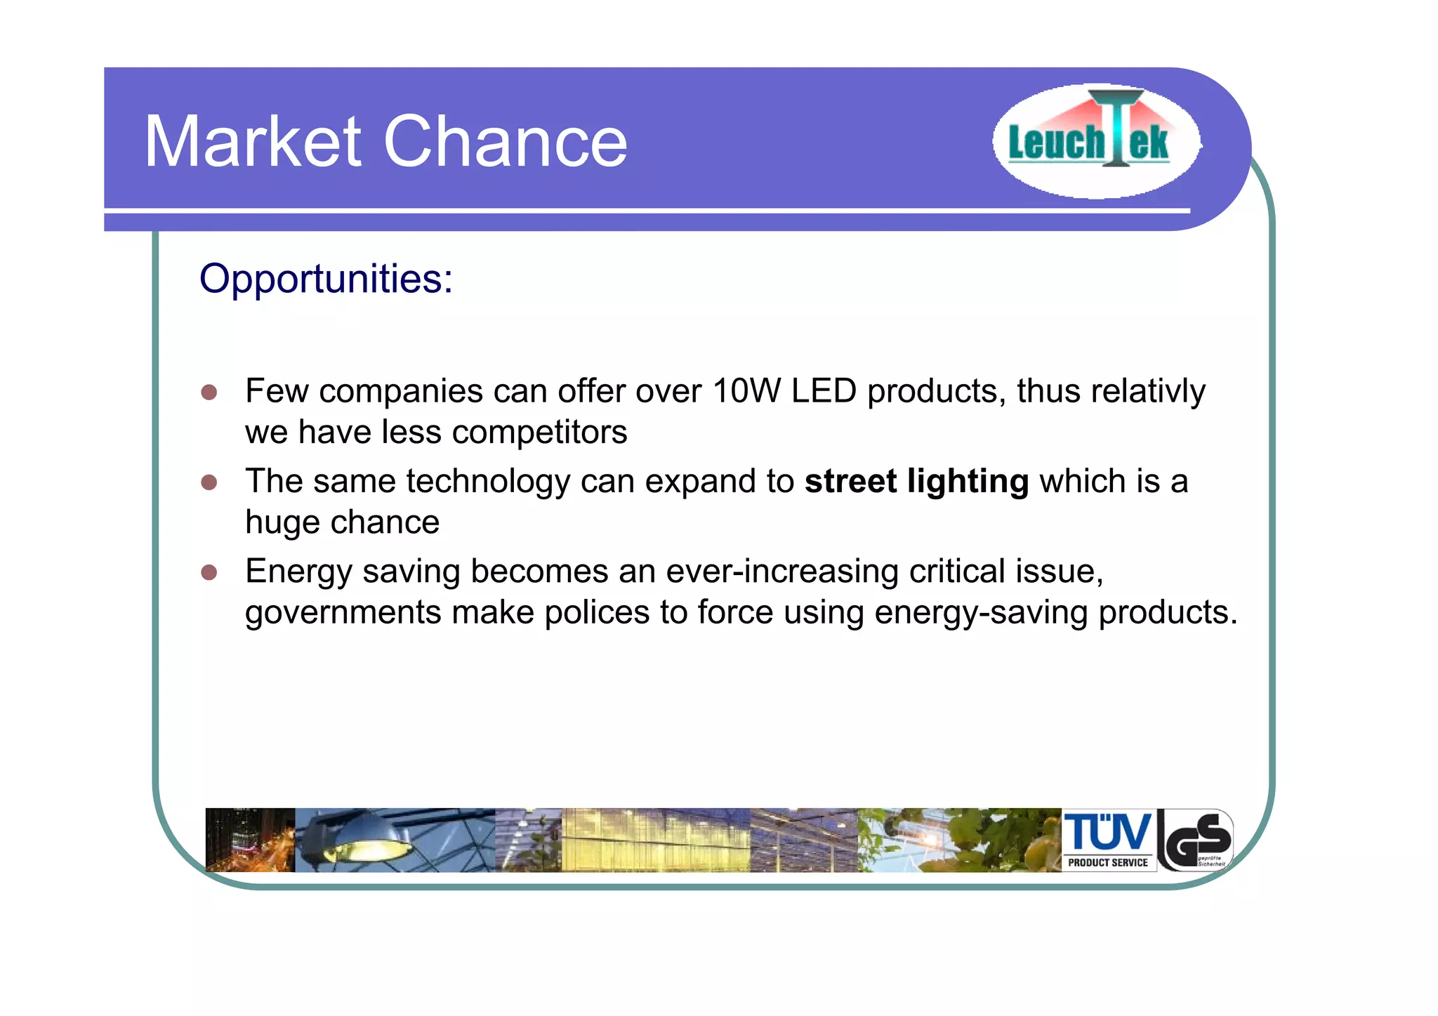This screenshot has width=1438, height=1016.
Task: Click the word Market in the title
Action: click(253, 142)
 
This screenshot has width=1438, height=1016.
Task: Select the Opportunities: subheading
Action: click(326, 279)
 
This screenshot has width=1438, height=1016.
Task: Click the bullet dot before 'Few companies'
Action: click(209, 392)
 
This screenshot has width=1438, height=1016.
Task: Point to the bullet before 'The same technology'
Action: click(209, 482)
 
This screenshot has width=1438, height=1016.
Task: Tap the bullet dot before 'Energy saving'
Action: click(209, 572)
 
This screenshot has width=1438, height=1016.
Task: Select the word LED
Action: click(824, 391)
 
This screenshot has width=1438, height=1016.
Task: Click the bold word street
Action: click(850, 482)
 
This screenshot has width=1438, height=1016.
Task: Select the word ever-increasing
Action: click(782, 572)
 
